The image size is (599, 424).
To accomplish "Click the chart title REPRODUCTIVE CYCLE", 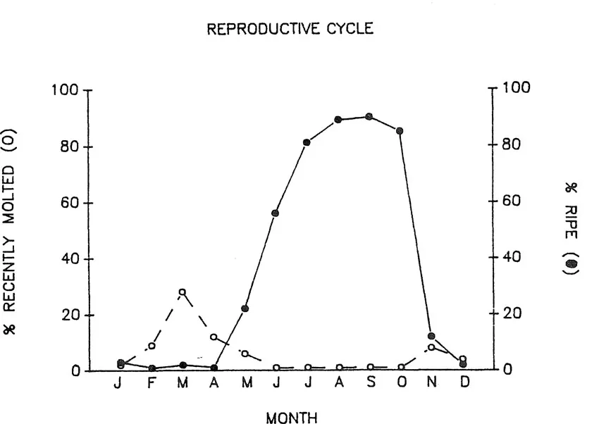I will point(290,29).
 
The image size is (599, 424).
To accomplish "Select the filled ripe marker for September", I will point(369,116).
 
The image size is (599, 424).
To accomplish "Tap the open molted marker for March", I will point(183,292).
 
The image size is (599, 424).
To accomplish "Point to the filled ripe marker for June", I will point(276,213).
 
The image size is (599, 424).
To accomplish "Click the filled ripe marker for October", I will point(400,130).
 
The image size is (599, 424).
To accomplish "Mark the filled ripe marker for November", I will point(431,336).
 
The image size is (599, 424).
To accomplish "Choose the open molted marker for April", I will point(214,337).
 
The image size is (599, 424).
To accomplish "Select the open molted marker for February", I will point(152,346).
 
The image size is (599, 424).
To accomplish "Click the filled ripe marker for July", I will point(307,142).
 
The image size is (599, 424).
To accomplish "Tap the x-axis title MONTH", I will point(291,418).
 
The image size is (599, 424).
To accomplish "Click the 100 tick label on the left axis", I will point(64,91).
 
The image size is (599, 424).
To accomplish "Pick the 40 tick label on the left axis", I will point(68,259).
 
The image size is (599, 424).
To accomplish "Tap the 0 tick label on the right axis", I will point(507,370).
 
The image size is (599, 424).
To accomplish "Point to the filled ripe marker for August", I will point(338,120).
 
